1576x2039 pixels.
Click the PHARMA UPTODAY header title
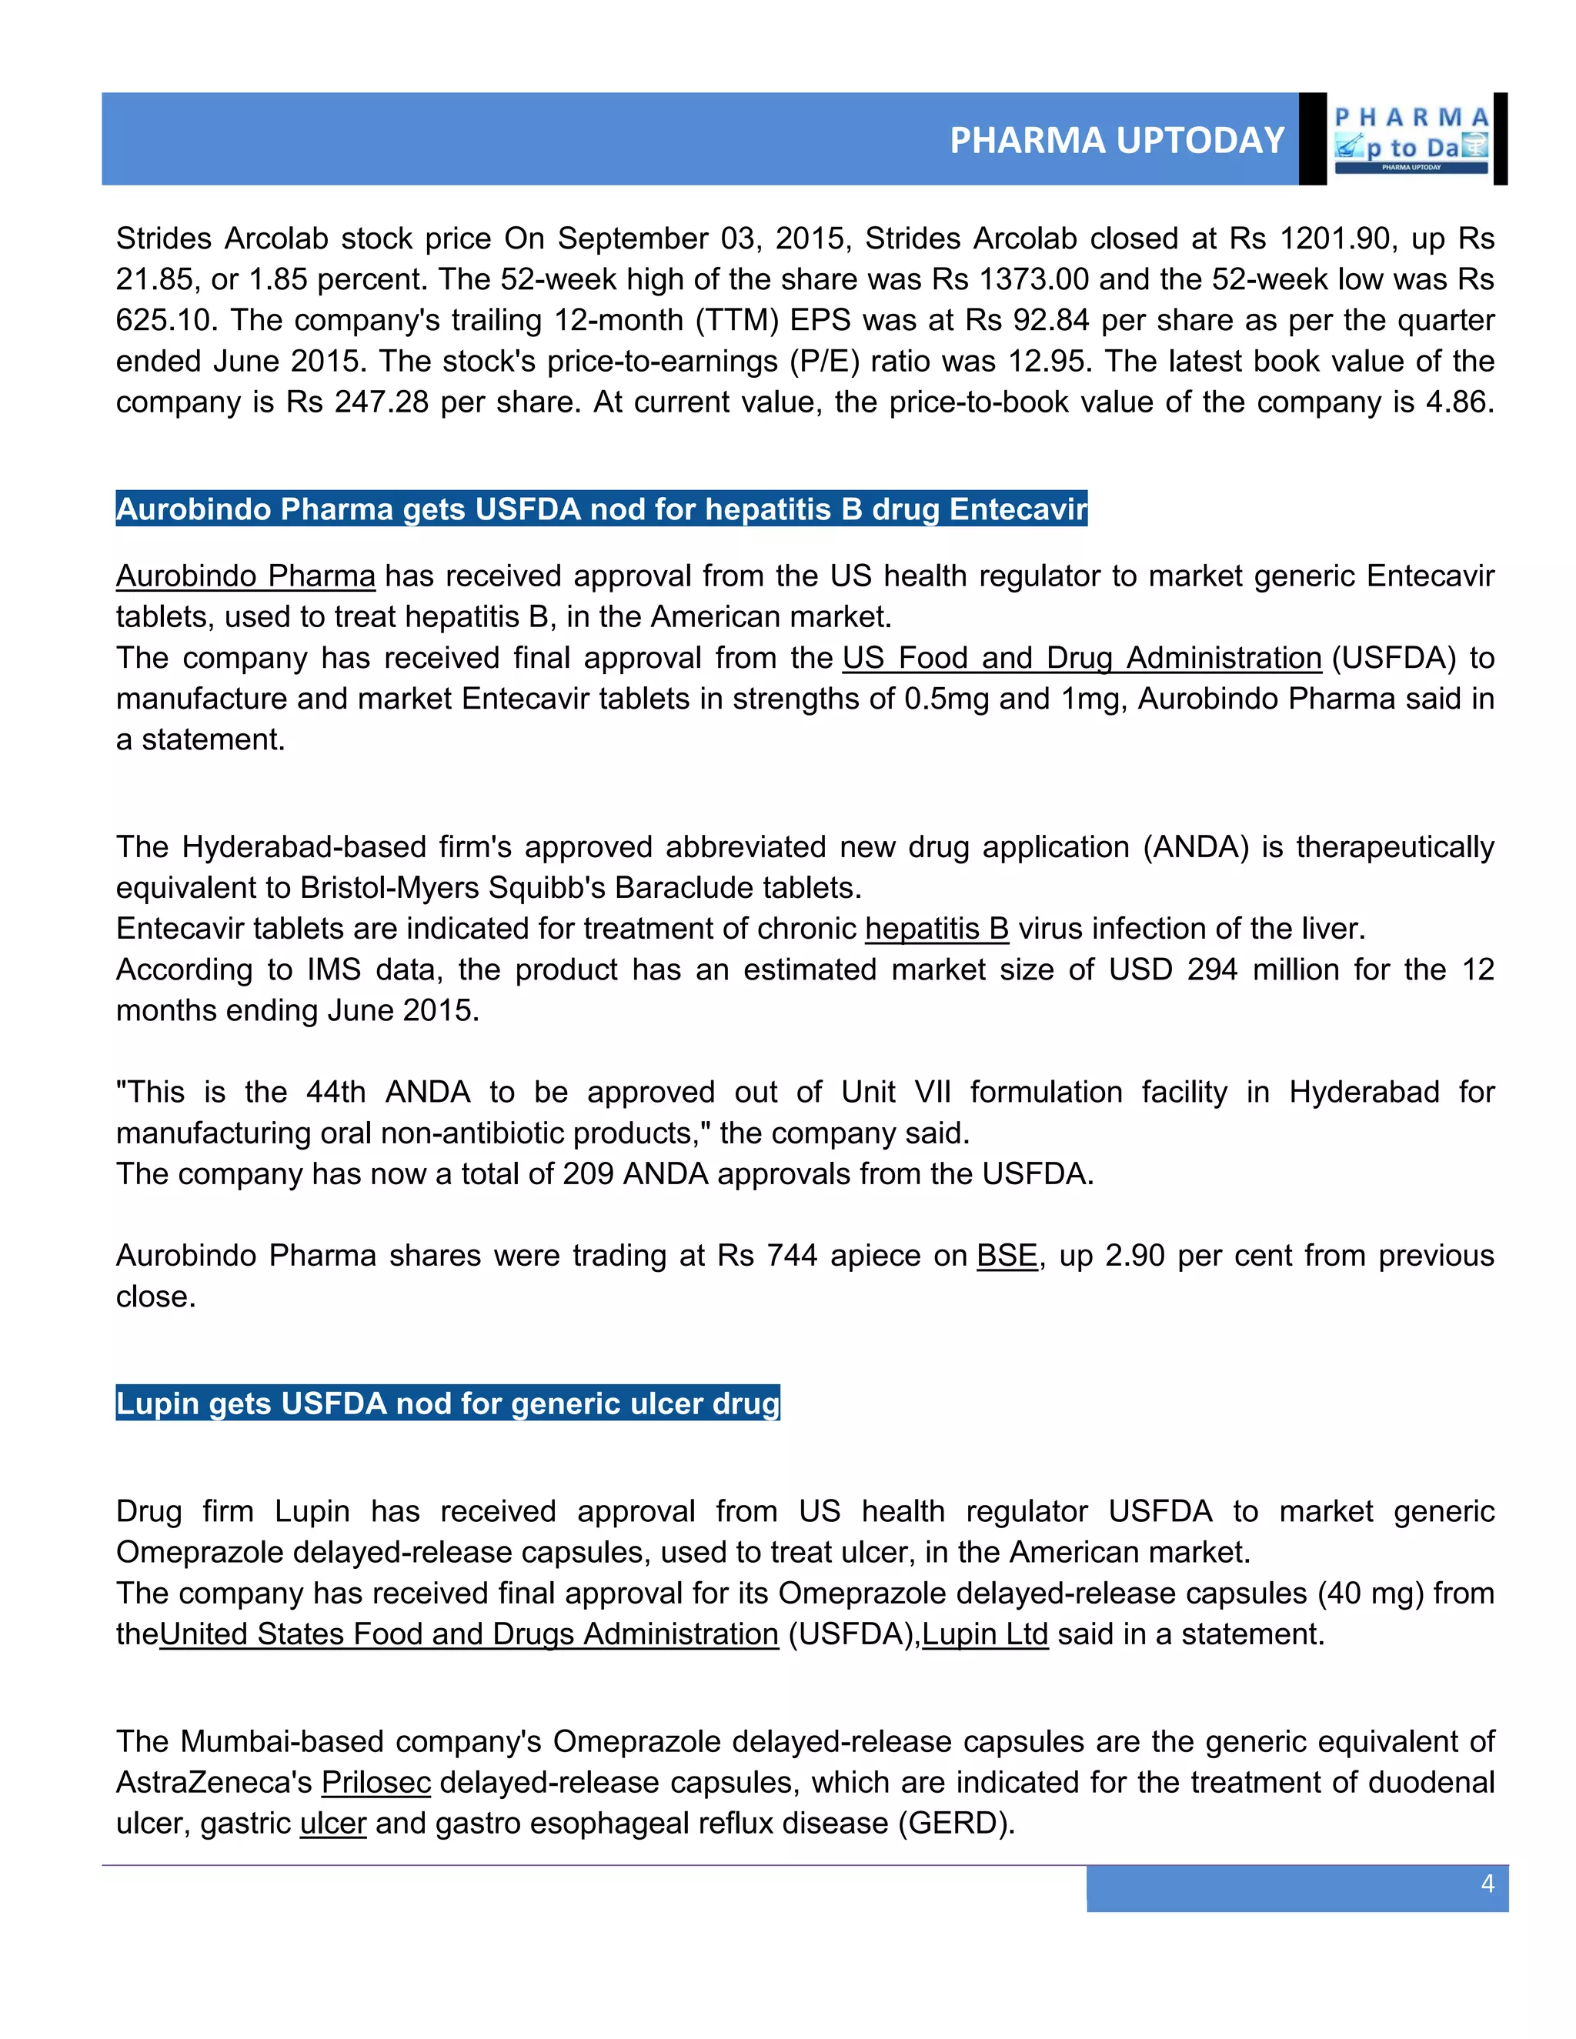point(1117,140)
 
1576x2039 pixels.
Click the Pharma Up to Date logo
point(1411,140)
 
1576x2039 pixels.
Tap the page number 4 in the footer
point(1488,1883)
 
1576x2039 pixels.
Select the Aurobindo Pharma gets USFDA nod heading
point(601,509)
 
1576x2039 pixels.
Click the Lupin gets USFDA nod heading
point(447,1403)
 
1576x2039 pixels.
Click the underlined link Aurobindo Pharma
point(245,576)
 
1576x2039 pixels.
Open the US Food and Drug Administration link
point(1081,658)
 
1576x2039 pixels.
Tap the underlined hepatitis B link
point(937,929)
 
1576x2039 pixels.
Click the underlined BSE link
point(1007,1256)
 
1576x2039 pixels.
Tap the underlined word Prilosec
point(376,1782)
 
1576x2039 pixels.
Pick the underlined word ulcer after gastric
point(333,1824)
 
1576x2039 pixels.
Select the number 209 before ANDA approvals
point(588,1173)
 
